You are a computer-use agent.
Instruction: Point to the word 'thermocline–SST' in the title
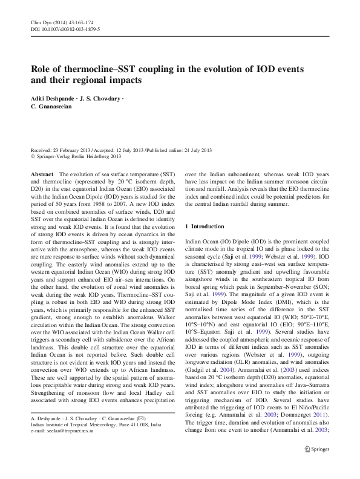(100, 68)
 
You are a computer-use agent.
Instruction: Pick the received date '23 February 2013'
(73, 150)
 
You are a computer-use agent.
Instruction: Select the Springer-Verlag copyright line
(76, 156)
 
